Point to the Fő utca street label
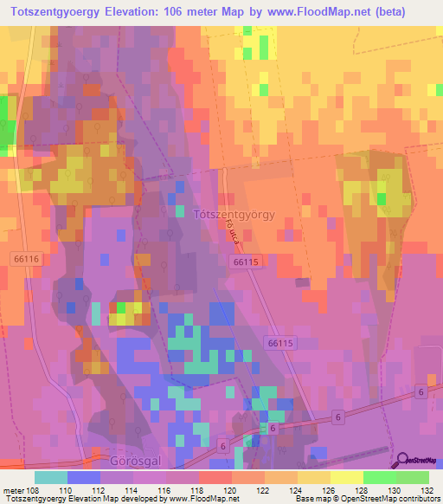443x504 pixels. (x=231, y=230)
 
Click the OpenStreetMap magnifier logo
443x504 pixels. (x=401, y=461)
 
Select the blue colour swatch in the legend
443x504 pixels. (x=84, y=476)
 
